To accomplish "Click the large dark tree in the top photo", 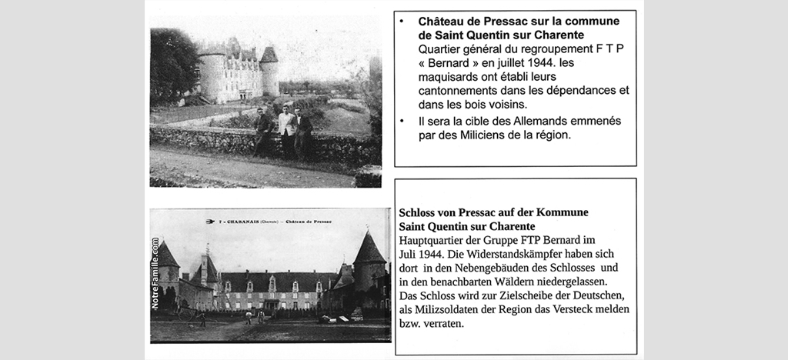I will click(171, 65).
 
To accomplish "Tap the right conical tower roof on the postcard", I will click(369, 250).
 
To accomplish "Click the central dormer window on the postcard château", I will click(272, 284).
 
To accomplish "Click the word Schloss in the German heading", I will click(421, 212).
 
